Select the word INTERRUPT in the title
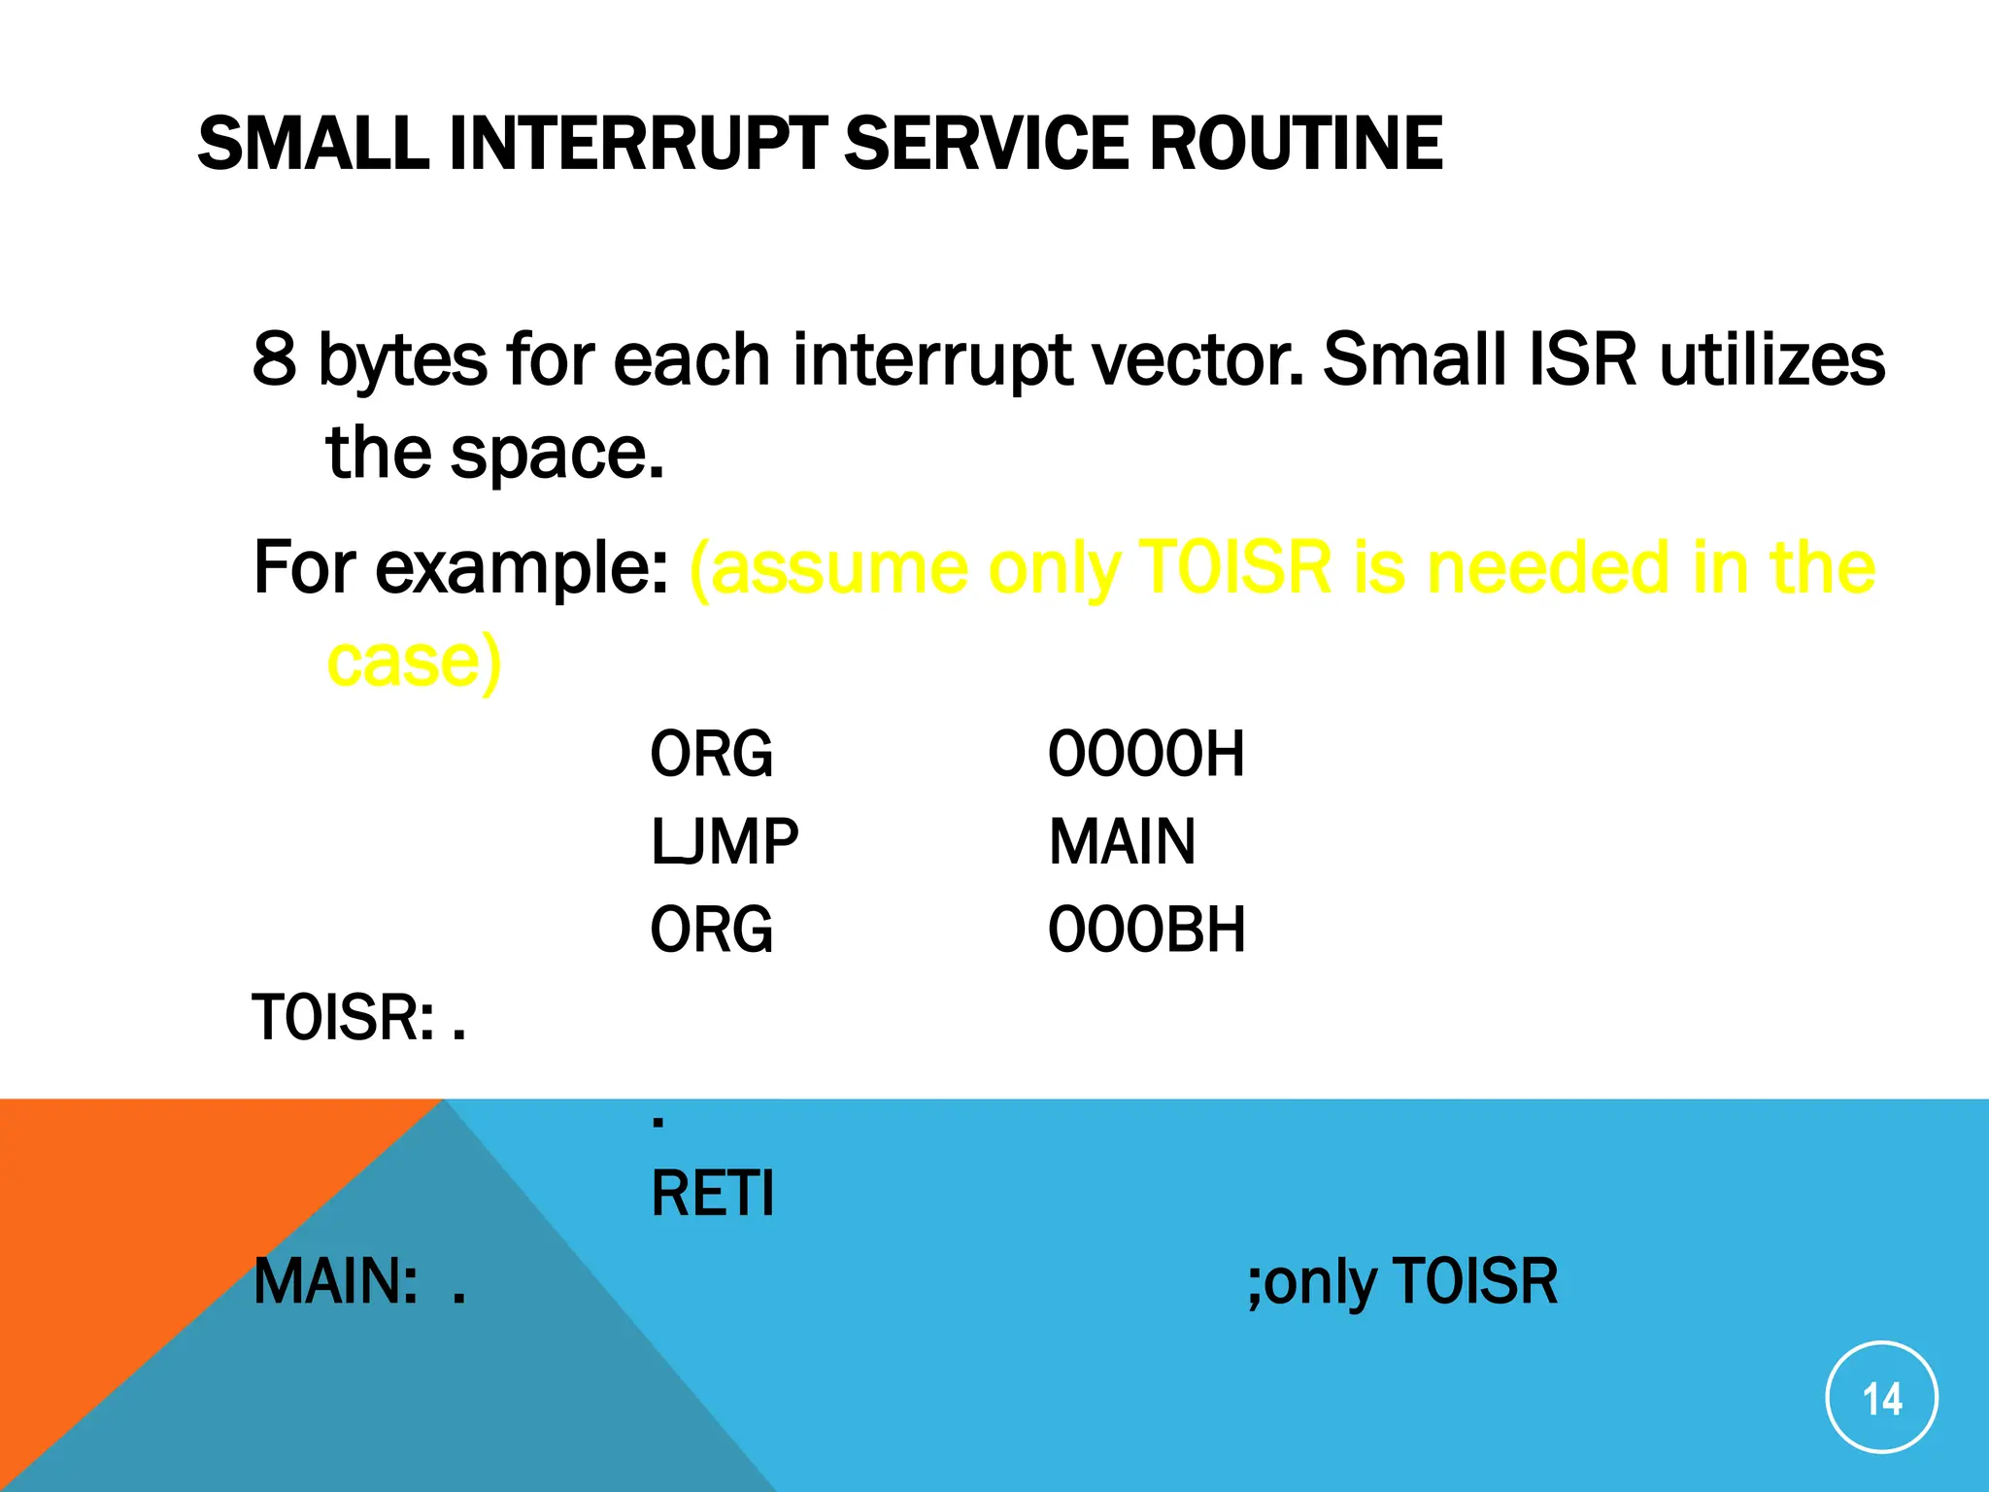[637, 144]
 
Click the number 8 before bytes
[274, 359]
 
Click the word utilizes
[1771, 359]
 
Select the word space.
[556, 454]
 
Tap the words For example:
[461, 568]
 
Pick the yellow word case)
[414, 661]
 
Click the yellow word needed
[1550, 568]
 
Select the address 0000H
[1146, 754]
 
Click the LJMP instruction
[725, 842]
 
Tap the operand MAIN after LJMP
[1122, 842]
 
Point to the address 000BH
[1146, 930]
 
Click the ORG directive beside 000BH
[712, 930]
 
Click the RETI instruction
[713, 1194]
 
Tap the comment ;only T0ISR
[1402, 1282]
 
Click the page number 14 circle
[1881, 1398]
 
